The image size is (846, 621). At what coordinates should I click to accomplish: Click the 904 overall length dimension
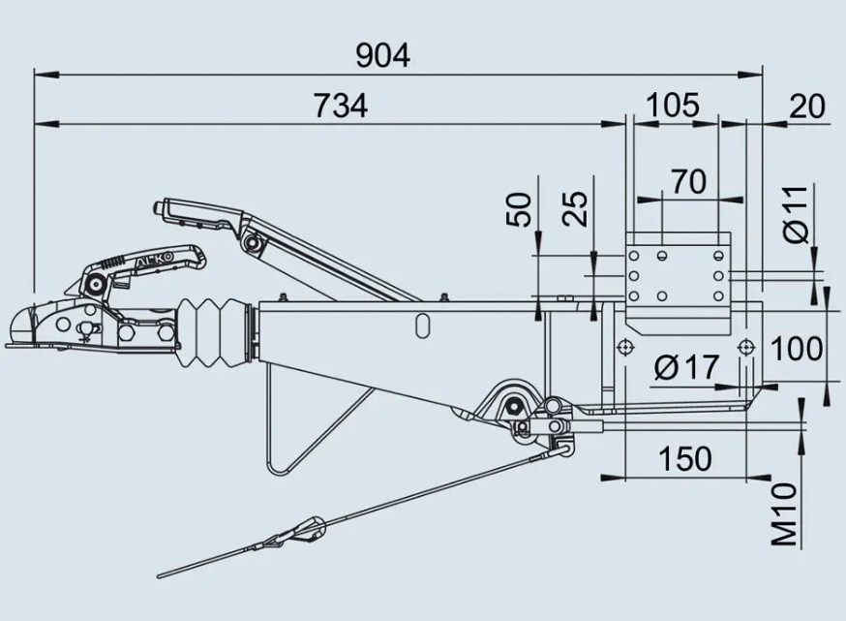tap(383, 55)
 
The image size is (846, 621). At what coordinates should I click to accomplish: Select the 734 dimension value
tap(341, 106)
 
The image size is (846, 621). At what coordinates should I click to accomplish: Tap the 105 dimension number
tap(673, 106)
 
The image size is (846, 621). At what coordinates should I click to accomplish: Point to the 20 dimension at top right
tap(807, 107)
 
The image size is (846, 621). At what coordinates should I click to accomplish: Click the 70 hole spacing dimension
tap(688, 181)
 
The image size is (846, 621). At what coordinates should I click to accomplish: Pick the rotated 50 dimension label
tap(520, 209)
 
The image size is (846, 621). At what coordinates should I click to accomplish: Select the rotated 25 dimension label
tap(575, 209)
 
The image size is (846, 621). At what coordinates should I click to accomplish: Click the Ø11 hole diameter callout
tap(796, 214)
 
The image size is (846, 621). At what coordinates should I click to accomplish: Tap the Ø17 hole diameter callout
tap(686, 367)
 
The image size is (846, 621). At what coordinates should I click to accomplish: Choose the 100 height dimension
tap(797, 349)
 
